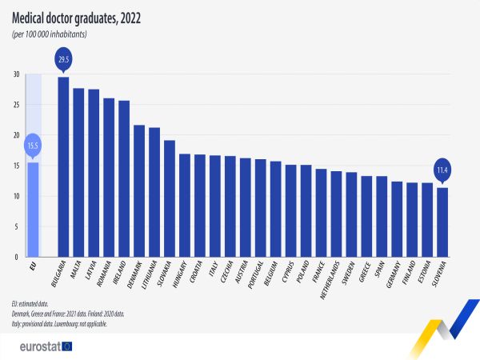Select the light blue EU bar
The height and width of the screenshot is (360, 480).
click(x=33, y=210)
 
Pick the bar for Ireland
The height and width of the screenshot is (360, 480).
click(x=124, y=179)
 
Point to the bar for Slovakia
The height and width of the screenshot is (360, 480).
click(x=170, y=198)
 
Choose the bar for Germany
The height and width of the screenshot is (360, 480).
click(x=397, y=219)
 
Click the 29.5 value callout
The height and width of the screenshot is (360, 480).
click(x=63, y=58)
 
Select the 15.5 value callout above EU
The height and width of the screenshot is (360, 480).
click(x=33, y=145)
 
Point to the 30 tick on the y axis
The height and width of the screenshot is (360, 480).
click(x=15, y=74)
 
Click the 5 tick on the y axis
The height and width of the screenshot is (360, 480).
click(x=17, y=226)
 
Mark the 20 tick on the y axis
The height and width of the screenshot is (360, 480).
click(x=15, y=135)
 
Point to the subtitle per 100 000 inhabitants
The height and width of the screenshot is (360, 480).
click(x=50, y=34)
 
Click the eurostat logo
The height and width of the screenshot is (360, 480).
click(x=45, y=346)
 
